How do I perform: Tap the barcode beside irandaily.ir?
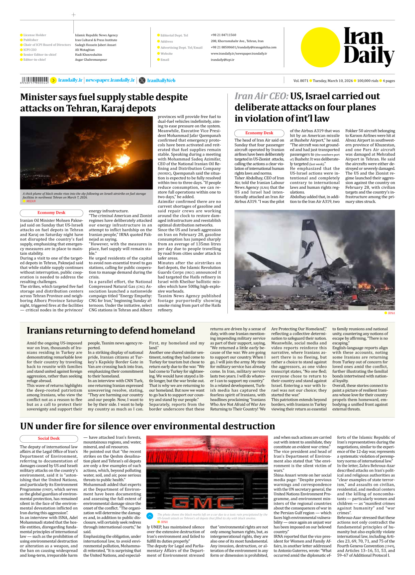coord(35,80)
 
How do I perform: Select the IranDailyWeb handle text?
coord(161,81)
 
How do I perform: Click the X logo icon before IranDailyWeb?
coord(142,80)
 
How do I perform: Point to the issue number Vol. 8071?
coord(300,81)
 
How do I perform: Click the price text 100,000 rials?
coord(368,81)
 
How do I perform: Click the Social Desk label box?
coord(49,438)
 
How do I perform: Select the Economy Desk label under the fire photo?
coord(51,213)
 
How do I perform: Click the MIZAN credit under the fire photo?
coord(31,201)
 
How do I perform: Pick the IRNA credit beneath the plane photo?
coord(391,313)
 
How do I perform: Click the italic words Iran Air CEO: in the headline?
coord(261,96)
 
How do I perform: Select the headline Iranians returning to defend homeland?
coord(111,331)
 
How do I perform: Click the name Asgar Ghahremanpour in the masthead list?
coord(91,60)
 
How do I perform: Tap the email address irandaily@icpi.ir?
coord(222,60)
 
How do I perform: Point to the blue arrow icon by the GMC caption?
coord(150,516)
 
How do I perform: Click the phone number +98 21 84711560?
coord(223,35)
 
